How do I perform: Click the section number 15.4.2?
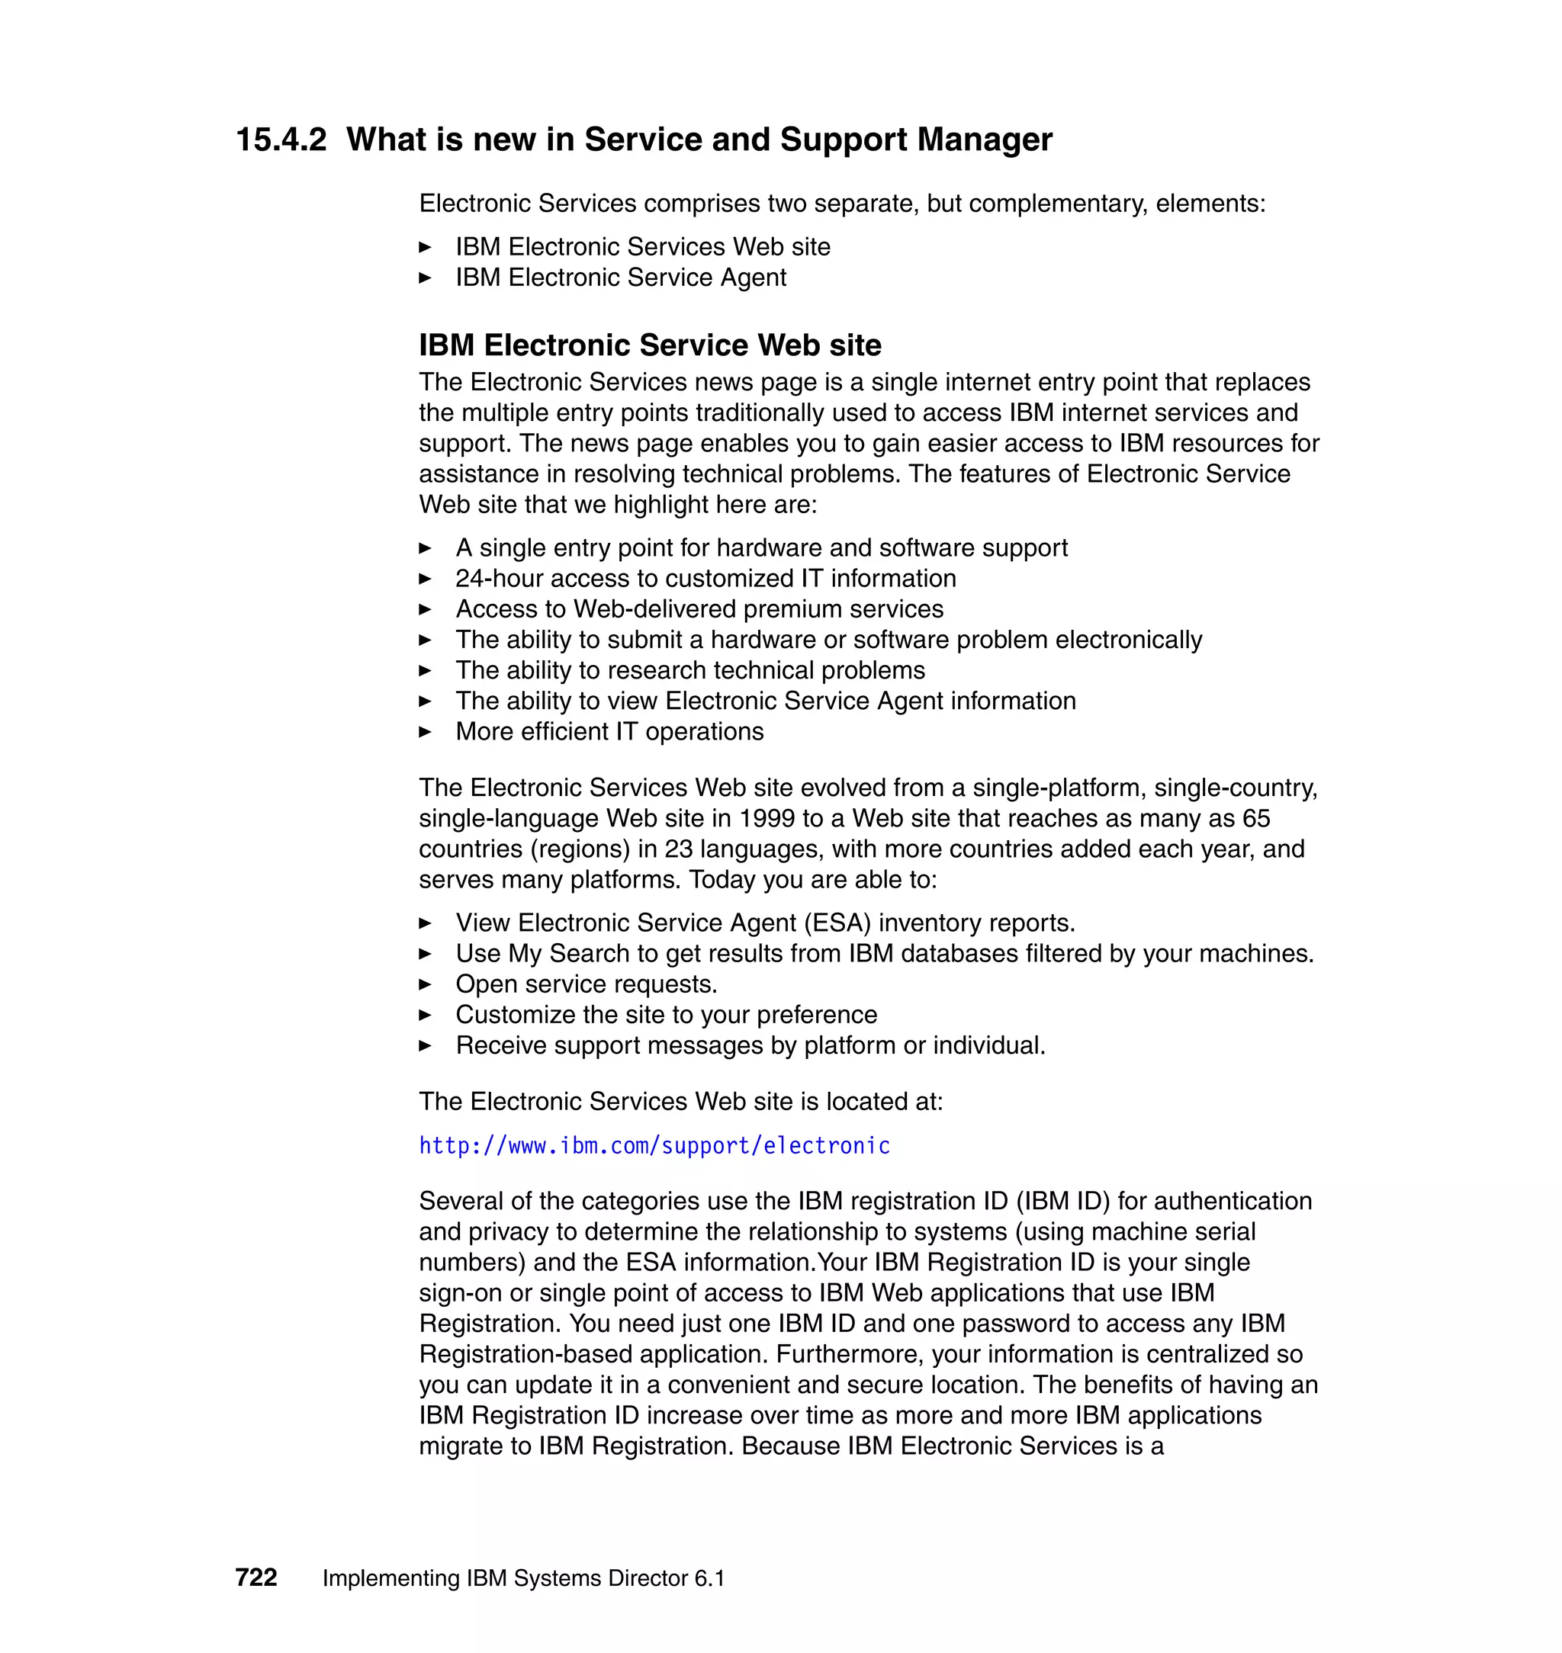pyautogui.click(x=281, y=140)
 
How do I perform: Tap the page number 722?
pyautogui.click(x=256, y=1578)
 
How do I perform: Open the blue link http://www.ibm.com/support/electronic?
pyautogui.click(x=654, y=1146)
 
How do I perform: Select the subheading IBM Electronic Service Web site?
pyautogui.click(x=650, y=345)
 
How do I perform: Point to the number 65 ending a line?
pyautogui.click(x=1255, y=818)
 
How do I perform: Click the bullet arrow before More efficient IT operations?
pyautogui.click(x=425, y=732)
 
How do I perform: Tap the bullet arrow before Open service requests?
pyautogui.click(x=425, y=984)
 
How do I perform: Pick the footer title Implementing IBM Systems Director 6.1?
pyautogui.click(x=523, y=1578)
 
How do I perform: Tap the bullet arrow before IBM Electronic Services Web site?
pyautogui.click(x=425, y=247)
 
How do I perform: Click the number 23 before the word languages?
pyautogui.click(x=679, y=849)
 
